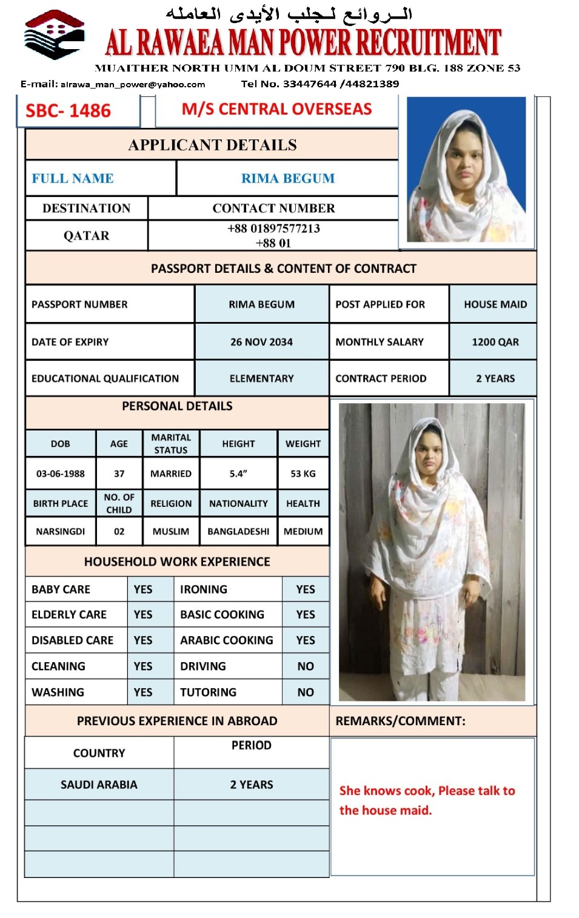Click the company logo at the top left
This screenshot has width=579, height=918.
point(54,35)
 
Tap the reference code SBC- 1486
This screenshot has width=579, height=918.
point(68,111)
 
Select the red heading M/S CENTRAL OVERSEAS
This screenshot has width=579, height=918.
point(276,109)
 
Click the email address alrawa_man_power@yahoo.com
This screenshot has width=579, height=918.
point(133,84)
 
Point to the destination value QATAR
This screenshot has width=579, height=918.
point(87,236)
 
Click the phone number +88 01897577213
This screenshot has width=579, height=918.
point(273,229)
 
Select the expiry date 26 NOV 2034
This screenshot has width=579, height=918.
point(261,342)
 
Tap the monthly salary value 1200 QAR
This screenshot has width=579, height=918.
point(495,342)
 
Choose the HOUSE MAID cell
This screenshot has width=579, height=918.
point(495,304)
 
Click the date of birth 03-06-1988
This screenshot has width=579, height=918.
point(61,474)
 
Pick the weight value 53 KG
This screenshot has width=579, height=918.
point(303,474)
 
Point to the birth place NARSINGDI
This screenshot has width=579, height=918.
point(61,531)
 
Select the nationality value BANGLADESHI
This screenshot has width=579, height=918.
point(238,531)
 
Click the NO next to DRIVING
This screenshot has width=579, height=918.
point(306,666)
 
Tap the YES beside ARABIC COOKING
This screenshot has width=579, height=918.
point(306,640)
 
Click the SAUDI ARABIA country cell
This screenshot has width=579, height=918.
point(99,785)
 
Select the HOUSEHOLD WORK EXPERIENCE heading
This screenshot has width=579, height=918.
point(177,561)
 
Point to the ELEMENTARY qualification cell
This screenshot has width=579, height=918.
point(261,378)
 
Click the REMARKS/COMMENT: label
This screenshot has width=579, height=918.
point(400,721)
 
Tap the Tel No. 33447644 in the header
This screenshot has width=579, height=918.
point(289,84)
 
